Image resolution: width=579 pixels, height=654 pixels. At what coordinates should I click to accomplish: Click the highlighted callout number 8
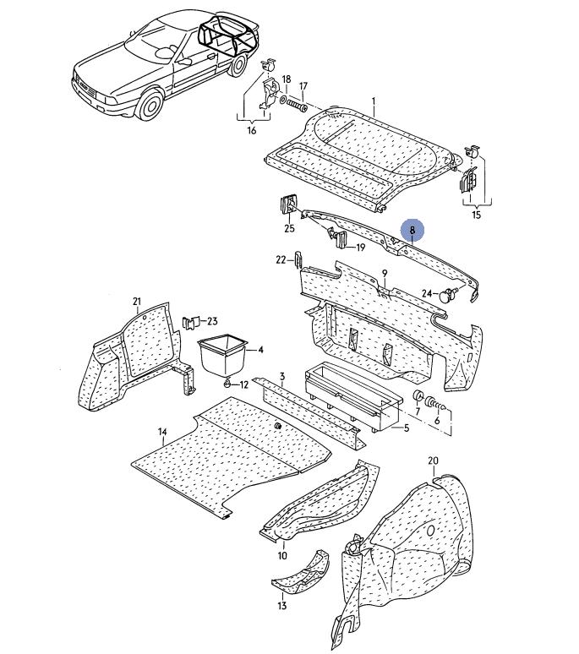pyautogui.click(x=412, y=230)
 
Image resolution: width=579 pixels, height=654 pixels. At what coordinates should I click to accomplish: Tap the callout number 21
pyautogui.click(x=137, y=301)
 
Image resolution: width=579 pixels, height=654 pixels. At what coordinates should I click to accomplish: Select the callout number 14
pyautogui.click(x=162, y=432)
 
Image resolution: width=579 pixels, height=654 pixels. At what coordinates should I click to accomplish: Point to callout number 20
pyautogui.click(x=433, y=461)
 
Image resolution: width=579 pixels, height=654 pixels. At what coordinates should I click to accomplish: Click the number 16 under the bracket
pyautogui.click(x=252, y=131)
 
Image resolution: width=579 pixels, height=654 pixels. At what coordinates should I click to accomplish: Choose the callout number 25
pyautogui.click(x=289, y=228)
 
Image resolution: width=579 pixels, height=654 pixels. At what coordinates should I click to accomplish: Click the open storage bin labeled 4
pyautogui.click(x=223, y=355)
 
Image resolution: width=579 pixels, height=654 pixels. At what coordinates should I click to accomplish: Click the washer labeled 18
pyautogui.click(x=283, y=100)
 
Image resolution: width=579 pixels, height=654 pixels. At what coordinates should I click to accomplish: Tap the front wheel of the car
pyautogui.click(x=150, y=105)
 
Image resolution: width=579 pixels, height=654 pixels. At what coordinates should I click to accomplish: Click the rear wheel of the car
pyautogui.click(x=238, y=65)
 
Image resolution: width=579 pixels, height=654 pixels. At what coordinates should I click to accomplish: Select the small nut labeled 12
pyautogui.click(x=227, y=383)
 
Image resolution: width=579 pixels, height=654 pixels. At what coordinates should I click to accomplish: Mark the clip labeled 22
pyautogui.click(x=298, y=260)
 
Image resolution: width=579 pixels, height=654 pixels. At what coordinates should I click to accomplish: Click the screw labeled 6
pyautogui.click(x=436, y=404)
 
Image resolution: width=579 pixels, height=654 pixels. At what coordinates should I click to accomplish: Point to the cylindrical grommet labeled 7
pyautogui.click(x=418, y=398)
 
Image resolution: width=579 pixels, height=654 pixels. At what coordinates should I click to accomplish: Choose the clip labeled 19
pyautogui.click(x=338, y=238)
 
